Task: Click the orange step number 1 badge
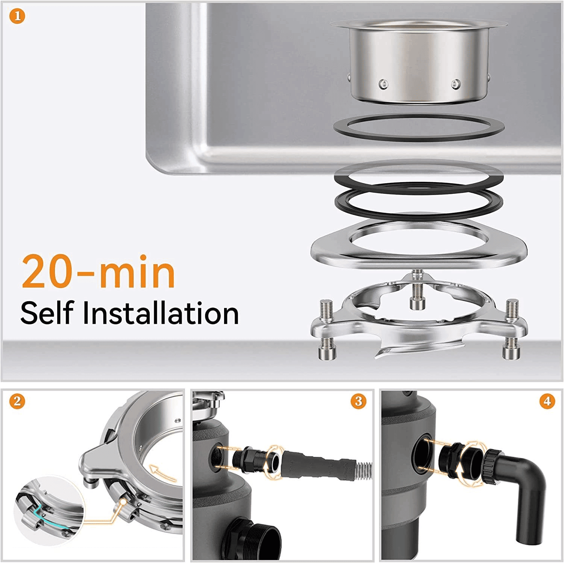17,17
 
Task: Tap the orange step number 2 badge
17,401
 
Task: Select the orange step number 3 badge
358,401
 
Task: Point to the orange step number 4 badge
547,401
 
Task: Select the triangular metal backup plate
419,244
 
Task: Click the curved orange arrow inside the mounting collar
162,472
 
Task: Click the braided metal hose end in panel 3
363,471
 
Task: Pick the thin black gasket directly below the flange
419,128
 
